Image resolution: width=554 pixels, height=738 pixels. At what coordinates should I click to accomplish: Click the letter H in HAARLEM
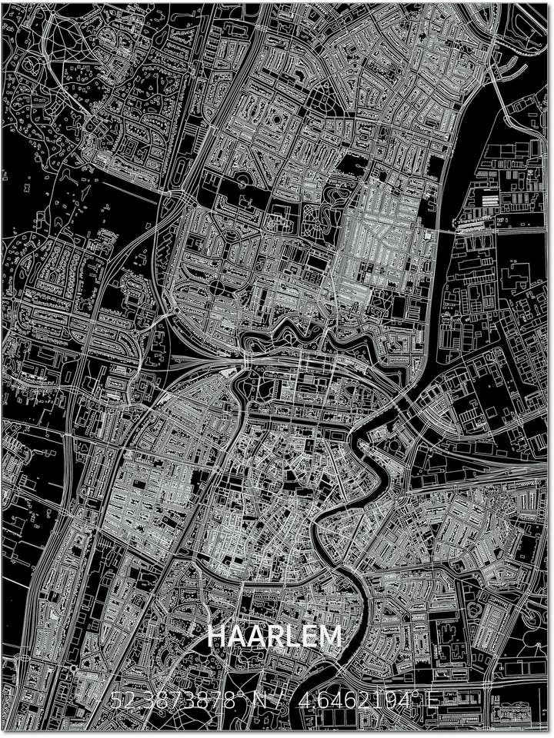pos(217,637)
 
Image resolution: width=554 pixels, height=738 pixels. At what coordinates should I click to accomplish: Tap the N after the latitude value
pos(262,700)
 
